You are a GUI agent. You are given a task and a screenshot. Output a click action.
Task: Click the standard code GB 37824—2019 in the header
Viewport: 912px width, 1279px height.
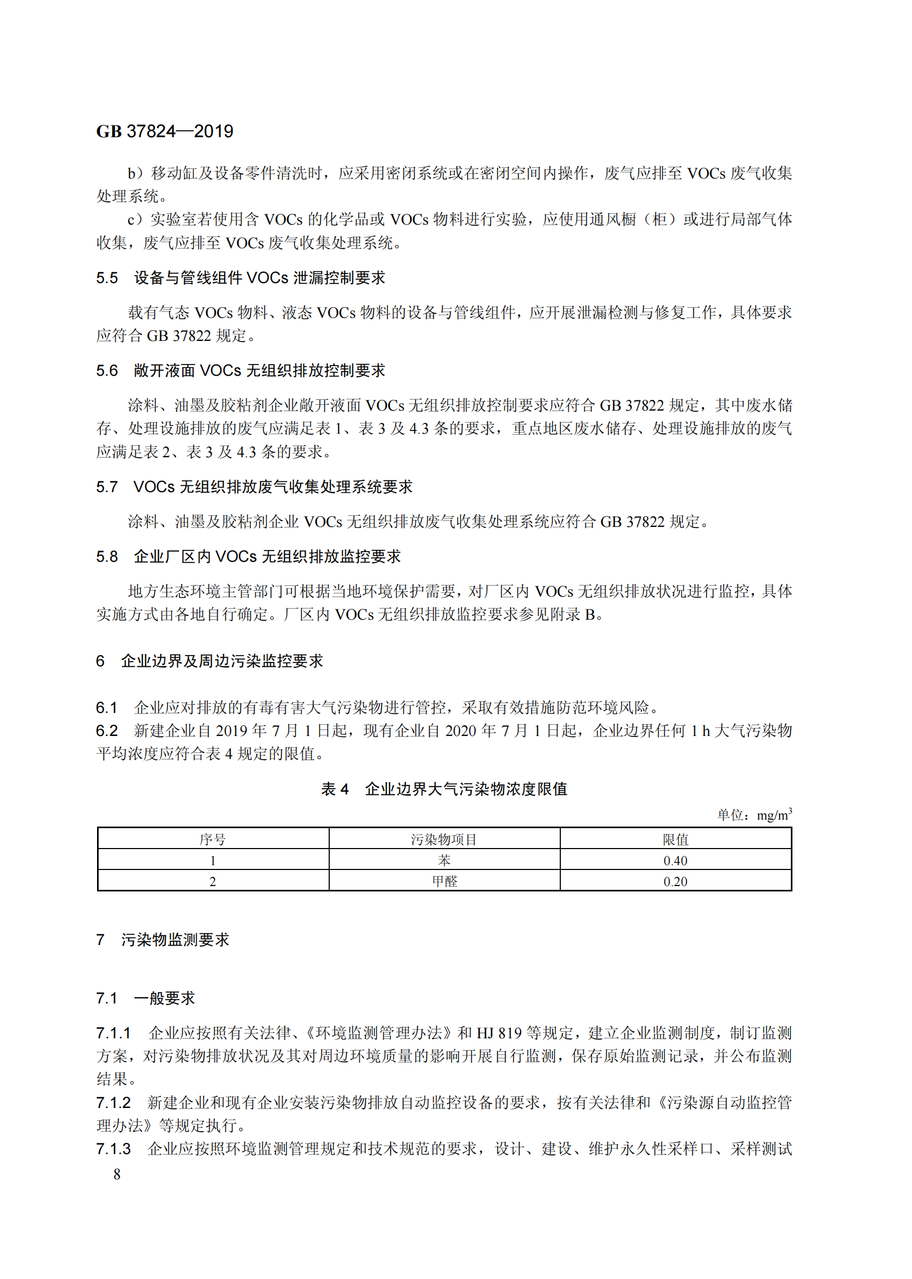165,131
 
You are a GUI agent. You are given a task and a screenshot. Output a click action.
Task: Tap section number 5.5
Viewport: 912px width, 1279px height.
107,278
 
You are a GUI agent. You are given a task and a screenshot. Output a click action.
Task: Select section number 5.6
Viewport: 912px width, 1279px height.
107,370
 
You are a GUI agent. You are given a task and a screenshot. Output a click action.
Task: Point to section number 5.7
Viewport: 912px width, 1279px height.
107,487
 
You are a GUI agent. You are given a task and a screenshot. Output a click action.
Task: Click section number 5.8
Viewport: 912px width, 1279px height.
107,556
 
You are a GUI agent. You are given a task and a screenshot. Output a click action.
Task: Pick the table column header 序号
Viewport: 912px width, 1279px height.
213,839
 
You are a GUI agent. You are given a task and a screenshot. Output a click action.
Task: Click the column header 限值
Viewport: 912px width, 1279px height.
675,839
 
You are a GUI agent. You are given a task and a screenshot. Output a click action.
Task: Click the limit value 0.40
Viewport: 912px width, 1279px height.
675,860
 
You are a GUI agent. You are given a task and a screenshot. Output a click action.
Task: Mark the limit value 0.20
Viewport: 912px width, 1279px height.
675,881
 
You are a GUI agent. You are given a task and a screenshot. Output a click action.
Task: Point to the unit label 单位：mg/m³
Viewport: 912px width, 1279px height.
754,815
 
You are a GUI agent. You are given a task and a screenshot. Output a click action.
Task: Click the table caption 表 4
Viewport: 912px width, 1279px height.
335,789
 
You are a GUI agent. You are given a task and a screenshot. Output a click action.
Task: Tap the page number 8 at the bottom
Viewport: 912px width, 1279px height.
117,1174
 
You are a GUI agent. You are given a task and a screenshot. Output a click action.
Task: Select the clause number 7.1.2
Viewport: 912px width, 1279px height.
113,1103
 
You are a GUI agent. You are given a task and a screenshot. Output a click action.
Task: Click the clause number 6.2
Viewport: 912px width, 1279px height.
107,731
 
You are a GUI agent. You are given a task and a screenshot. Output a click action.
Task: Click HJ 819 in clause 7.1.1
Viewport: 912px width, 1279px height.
499,1033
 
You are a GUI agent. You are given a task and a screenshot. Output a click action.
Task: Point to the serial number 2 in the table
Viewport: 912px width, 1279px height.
213,881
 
